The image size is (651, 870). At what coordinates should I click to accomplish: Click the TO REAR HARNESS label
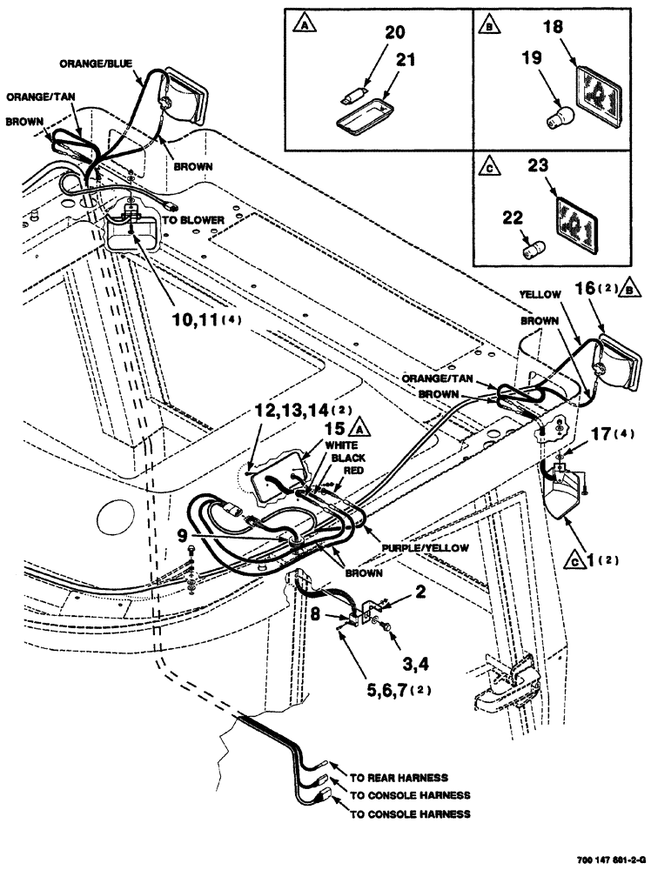(x=398, y=777)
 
